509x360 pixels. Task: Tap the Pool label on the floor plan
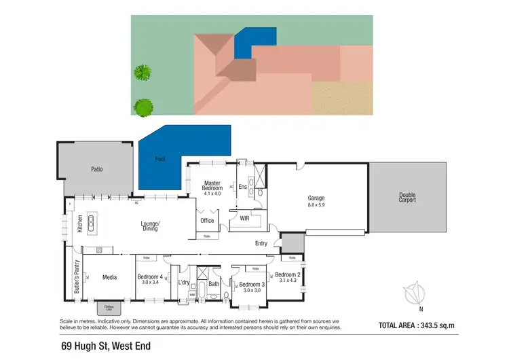[x=159, y=160]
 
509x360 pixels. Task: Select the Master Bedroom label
[x=214, y=187]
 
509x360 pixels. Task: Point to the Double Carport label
[x=407, y=198]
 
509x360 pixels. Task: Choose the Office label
[x=207, y=221]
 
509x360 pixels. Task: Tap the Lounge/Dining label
[x=150, y=226]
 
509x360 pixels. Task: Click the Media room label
[x=110, y=277]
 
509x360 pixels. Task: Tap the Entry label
[x=261, y=243]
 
